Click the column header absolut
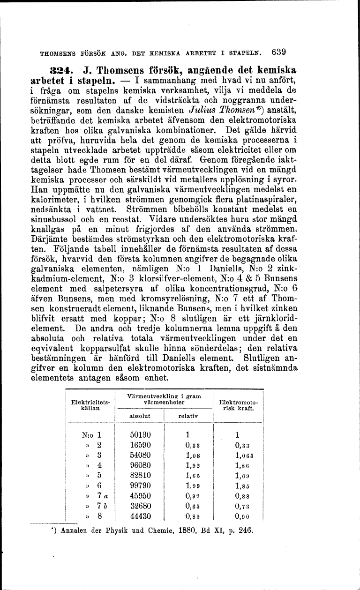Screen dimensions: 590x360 pos(139,415)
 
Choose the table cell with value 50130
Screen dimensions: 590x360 pos(140,434)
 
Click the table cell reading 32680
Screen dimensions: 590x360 pos(140,506)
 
